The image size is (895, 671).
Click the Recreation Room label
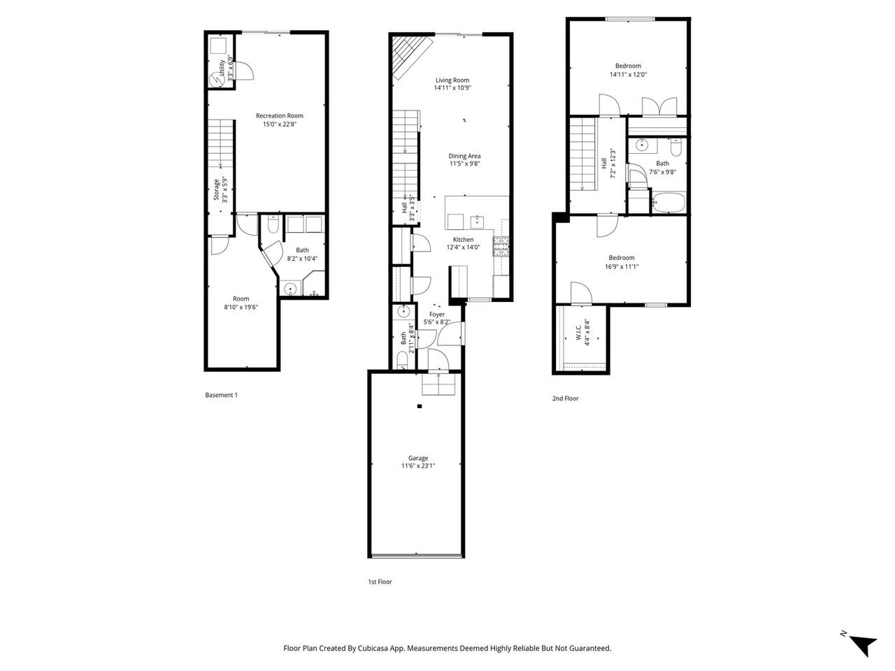[x=279, y=116]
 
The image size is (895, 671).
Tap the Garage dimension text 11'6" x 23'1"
[x=418, y=466]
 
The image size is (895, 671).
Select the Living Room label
[x=452, y=80]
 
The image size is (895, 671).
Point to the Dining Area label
[x=464, y=156]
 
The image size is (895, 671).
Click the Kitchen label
[x=463, y=240]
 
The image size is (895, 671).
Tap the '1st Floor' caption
[x=380, y=582]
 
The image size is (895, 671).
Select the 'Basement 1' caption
[x=221, y=395]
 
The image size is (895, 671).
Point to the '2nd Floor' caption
[x=565, y=398]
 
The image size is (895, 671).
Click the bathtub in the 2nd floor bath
[x=669, y=203]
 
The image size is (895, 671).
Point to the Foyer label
[x=436, y=315]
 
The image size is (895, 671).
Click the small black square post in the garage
[x=419, y=406]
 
